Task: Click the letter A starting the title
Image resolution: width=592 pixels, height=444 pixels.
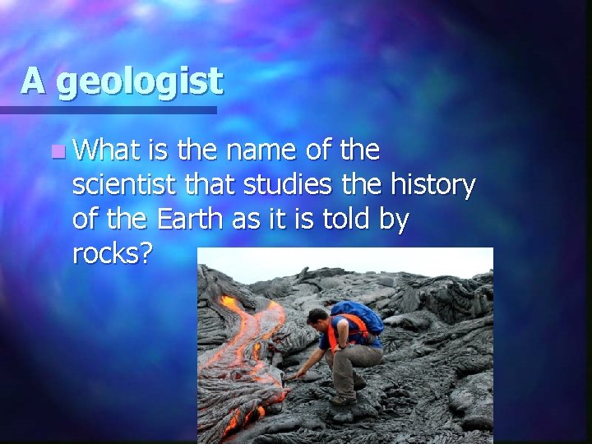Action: click(x=34, y=80)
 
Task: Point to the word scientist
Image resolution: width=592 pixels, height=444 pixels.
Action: click(x=122, y=186)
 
